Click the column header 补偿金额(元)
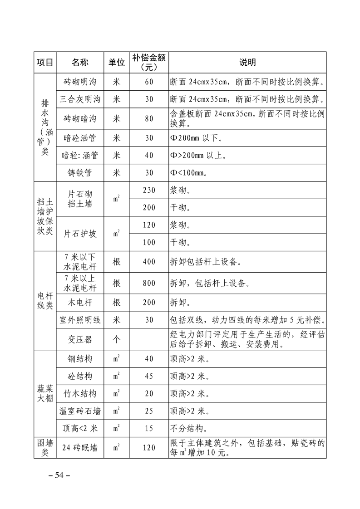click(x=149, y=62)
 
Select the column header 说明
click(x=247, y=62)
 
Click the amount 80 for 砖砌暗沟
click(x=149, y=119)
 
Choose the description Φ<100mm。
click(x=187, y=173)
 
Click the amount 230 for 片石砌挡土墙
click(x=149, y=190)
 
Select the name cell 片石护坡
click(x=80, y=234)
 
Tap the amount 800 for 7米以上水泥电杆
click(x=149, y=283)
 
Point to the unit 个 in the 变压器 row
click(x=117, y=339)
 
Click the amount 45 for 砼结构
click(x=149, y=376)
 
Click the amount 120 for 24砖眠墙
click(x=149, y=448)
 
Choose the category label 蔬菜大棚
click(x=44, y=393)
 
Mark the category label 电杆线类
click(x=44, y=300)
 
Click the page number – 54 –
click(x=59, y=475)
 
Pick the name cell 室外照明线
click(x=80, y=320)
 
